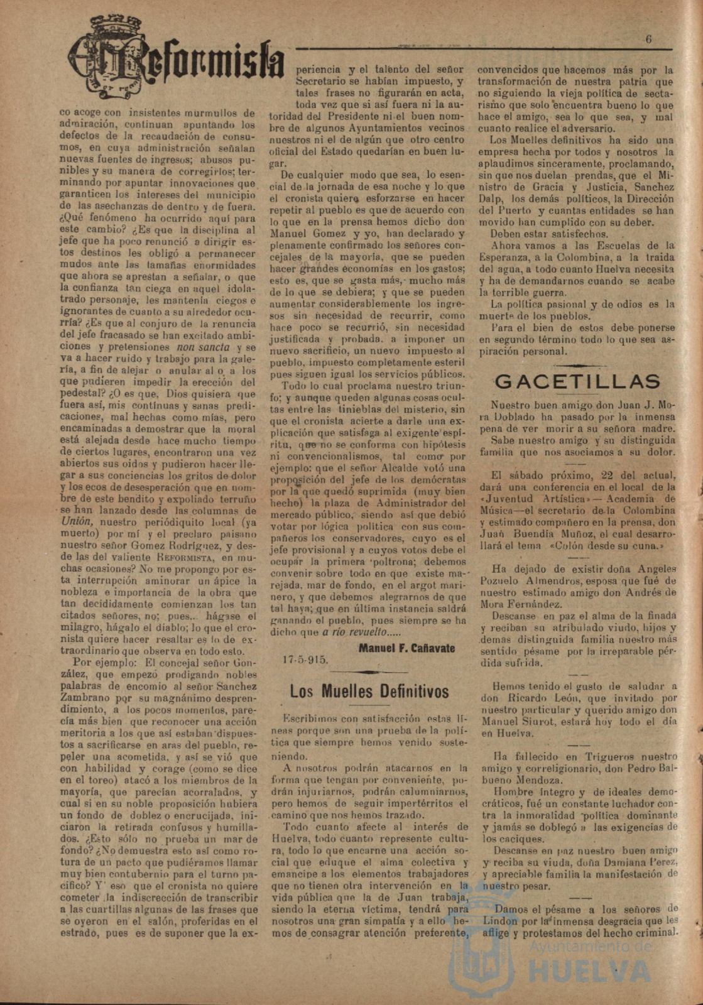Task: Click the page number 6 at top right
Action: (649, 39)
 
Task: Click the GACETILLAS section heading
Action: (577, 381)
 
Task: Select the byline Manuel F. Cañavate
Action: (406, 648)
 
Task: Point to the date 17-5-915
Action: (305, 660)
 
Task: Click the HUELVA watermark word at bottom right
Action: (589, 971)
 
